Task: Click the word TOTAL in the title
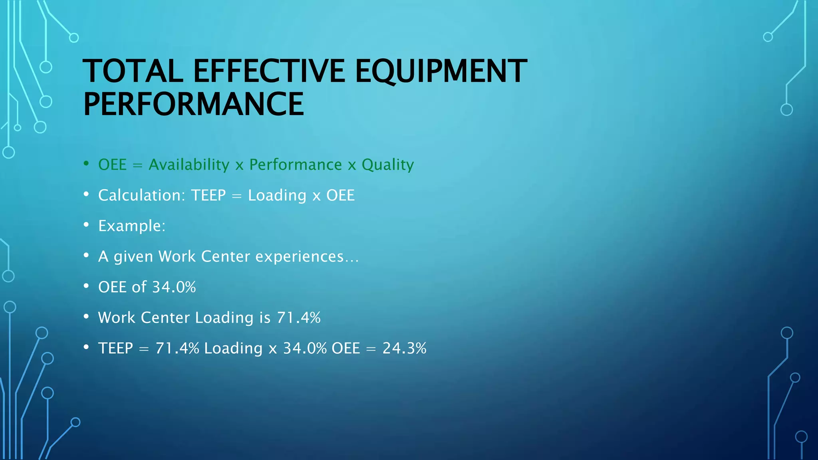[x=133, y=71]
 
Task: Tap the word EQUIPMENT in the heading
[x=441, y=71]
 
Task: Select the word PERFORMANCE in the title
[x=193, y=104]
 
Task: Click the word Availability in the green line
[x=189, y=165]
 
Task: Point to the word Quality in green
[x=387, y=165]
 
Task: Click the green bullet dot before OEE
[x=86, y=163]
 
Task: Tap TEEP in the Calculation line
[x=208, y=195]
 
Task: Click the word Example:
[x=132, y=226]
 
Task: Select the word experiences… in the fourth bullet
[x=307, y=256]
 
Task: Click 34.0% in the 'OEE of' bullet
[x=174, y=287]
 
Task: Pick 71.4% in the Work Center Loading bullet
[x=299, y=318]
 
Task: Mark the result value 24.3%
[x=404, y=348]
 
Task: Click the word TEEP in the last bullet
[x=115, y=348]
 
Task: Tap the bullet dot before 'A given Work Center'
[x=86, y=255]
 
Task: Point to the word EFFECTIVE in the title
[x=269, y=71]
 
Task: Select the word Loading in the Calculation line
[x=277, y=195]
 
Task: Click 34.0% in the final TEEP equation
[x=305, y=348]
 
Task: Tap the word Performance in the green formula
[x=296, y=165]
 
